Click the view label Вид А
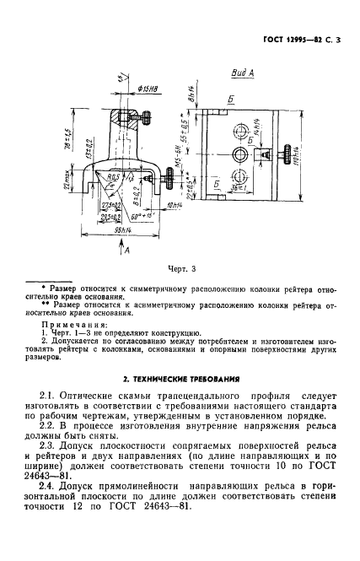243,74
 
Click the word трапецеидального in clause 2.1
200,395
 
